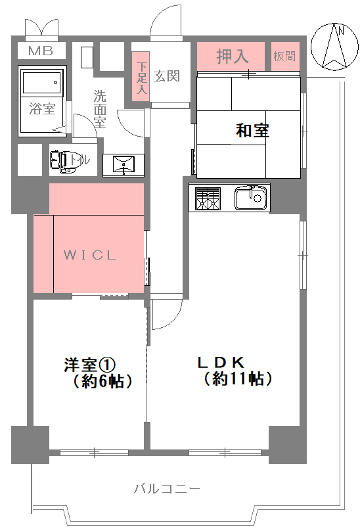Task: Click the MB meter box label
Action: (41, 51)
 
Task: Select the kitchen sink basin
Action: (252, 198)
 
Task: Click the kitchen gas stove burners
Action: (208, 198)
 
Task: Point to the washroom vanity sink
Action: (124, 165)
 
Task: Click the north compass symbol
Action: (334, 47)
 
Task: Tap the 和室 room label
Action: (252, 130)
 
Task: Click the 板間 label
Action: (284, 56)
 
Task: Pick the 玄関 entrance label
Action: (167, 76)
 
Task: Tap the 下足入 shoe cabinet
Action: (141, 77)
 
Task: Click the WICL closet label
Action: (90, 255)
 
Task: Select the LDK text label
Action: (221, 362)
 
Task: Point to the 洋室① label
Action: (90, 365)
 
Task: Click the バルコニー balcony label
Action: (167, 488)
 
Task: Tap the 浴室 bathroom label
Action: (42, 109)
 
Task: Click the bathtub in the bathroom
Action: (42, 81)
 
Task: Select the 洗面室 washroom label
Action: (100, 108)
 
